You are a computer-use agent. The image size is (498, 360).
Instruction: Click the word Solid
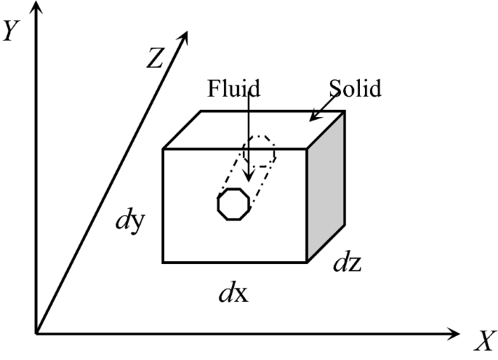coord(355,89)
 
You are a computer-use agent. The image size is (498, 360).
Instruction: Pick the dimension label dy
coord(132,221)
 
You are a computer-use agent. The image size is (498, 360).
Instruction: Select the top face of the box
coord(254,129)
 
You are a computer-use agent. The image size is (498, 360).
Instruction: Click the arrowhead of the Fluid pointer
coord(249,176)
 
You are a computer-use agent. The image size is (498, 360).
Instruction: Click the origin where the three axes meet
coord(36,335)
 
